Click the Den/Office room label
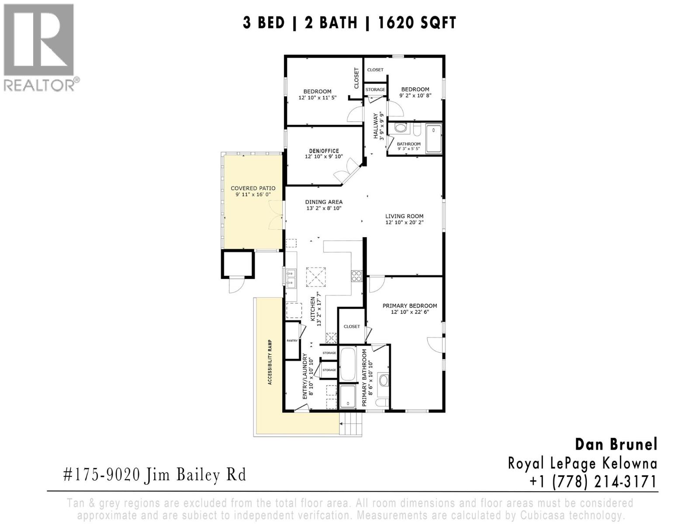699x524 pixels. pos(324,151)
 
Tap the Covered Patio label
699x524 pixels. pos(253,189)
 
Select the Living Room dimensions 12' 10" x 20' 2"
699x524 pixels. pos(404,223)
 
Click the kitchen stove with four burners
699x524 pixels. pos(356,276)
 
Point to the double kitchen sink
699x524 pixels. pos(291,278)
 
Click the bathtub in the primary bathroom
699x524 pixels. pos(348,364)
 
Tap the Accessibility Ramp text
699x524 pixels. pos(270,362)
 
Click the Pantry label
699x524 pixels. pos(292,341)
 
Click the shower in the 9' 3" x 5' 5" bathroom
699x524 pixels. pos(434,138)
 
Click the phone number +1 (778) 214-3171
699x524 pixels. pos(593,482)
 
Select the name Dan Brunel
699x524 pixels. pos(616,445)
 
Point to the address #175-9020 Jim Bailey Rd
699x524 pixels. pos(155,475)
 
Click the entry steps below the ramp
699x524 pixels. pos(351,424)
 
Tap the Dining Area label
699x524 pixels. pos(324,202)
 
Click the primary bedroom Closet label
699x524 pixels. pos(352,326)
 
